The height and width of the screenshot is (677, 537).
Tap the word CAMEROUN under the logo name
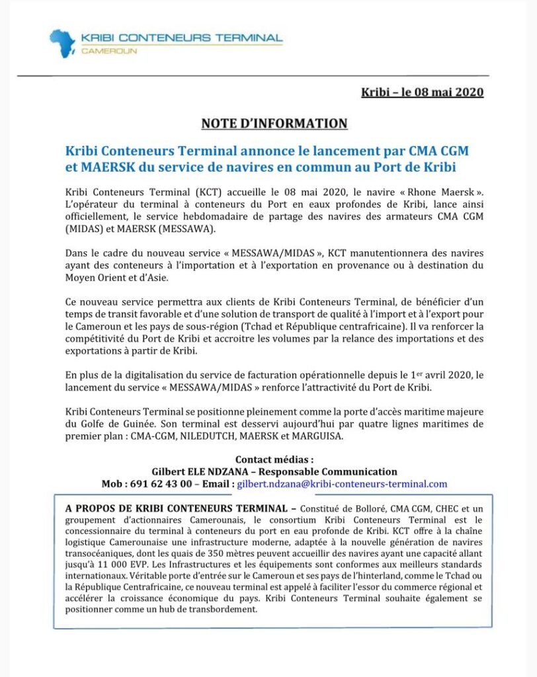pyautogui.click(x=109, y=51)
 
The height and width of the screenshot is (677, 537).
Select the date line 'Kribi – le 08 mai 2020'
pyautogui.click(x=422, y=92)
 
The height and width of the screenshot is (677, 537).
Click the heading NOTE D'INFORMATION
pyautogui.click(x=274, y=124)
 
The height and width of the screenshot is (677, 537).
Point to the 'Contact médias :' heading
pyautogui.click(x=274, y=459)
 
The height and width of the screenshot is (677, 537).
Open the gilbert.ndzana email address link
pyautogui.click(x=342, y=484)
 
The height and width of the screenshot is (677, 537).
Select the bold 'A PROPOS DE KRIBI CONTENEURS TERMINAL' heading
pyautogui.click(x=177, y=509)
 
